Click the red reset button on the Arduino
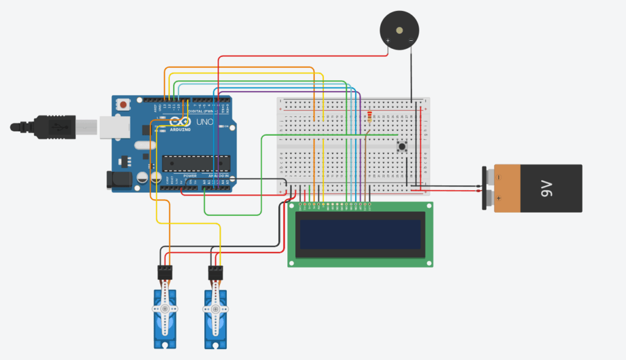point(123,105)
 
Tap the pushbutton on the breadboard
point(402,147)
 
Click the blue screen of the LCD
point(360,234)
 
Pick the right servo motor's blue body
point(215,318)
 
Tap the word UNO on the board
point(204,122)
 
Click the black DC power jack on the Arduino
point(117,179)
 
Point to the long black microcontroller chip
point(196,163)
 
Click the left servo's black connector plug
point(165,272)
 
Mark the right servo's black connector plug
point(215,272)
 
